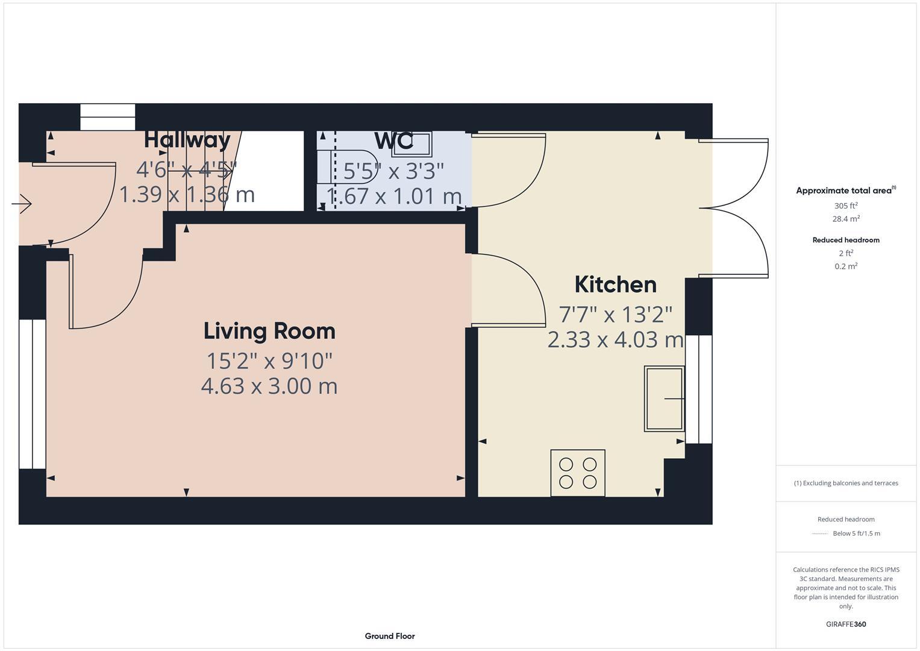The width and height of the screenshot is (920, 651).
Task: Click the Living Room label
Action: click(x=269, y=331)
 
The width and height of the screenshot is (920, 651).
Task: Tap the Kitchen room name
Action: click(x=615, y=285)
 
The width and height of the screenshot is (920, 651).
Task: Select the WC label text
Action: click(x=394, y=141)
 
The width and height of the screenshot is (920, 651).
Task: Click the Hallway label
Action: click(x=187, y=140)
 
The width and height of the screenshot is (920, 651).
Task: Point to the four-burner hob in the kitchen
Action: click(x=578, y=473)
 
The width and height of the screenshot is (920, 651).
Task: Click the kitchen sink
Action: click(x=664, y=398)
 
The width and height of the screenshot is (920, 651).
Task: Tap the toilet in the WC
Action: click(x=352, y=167)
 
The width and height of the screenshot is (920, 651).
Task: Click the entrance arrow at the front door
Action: click(x=22, y=204)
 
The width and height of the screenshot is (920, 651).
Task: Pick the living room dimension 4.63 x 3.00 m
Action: click(x=269, y=386)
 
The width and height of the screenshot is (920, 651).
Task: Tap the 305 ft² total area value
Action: click(x=846, y=206)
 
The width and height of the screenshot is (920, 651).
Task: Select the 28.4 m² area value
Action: click(x=846, y=219)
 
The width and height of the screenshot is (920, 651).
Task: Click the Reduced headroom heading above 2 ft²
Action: click(x=846, y=240)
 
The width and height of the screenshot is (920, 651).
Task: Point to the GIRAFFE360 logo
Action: click(x=846, y=624)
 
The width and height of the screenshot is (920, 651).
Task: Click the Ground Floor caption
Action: click(x=390, y=636)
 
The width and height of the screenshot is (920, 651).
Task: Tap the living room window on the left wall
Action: click(x=33, y=394)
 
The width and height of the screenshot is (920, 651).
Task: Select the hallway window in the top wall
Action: click(x=108, y=117)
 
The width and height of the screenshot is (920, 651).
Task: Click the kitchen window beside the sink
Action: click(x=699, y=389)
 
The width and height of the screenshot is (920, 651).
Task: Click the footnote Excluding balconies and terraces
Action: click(x=846, y=483)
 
